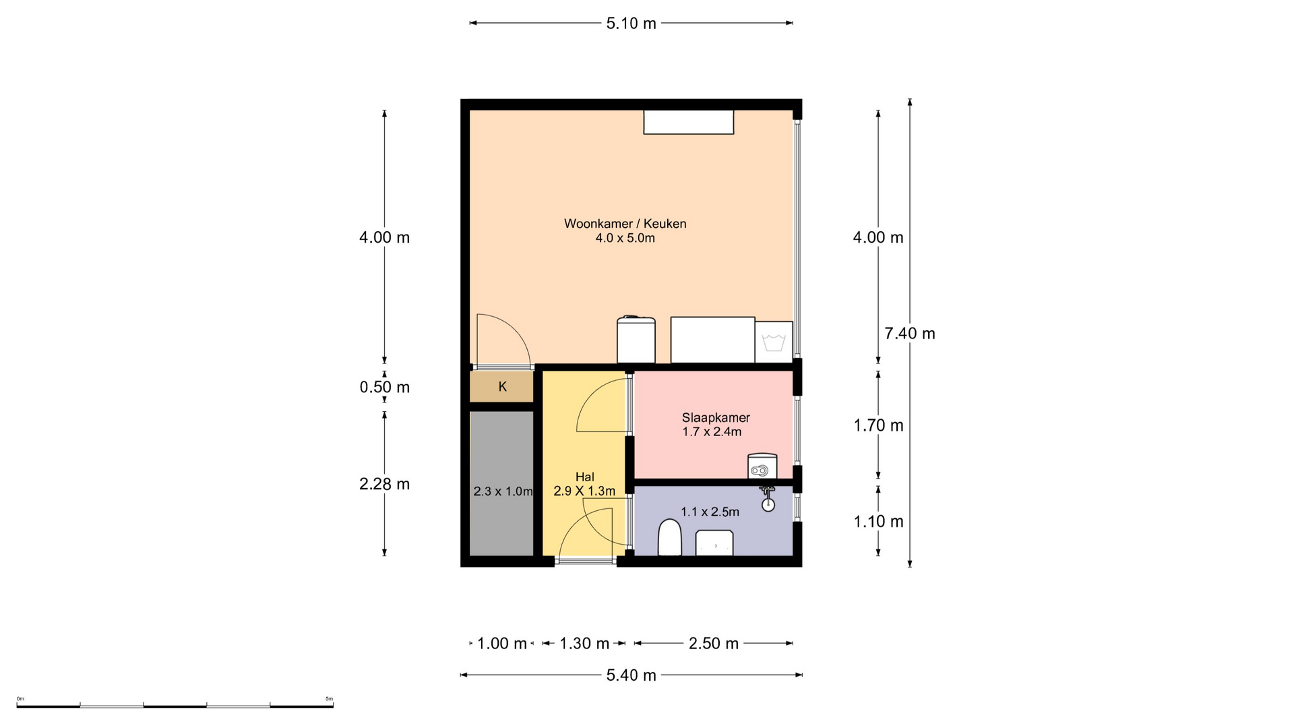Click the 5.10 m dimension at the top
(x=631, y=24)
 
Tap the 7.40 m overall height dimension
(x=910, y=333)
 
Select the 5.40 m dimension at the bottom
(x=631, y=675)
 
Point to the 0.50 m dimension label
(x=384, y=387)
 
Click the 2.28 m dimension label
(x=384, y=484)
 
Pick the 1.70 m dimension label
(x=878, y=425)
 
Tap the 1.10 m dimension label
(x=878, y=521)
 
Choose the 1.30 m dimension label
(x=584, y=644)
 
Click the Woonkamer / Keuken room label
(x=625, y=224)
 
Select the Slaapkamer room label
(x=716, y=417)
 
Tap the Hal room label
(x=585, y=477)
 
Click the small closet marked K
(x=502, y=387)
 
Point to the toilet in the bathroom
(x=669, y=537)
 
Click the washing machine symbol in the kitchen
(x=774, y=341)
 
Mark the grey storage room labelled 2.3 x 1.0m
(x=502, y=483)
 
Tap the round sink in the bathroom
(x=768, y=504)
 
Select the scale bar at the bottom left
(x=175, y=705)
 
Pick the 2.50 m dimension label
(x=714, y=644)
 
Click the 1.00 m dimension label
(x=502, y=644)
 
